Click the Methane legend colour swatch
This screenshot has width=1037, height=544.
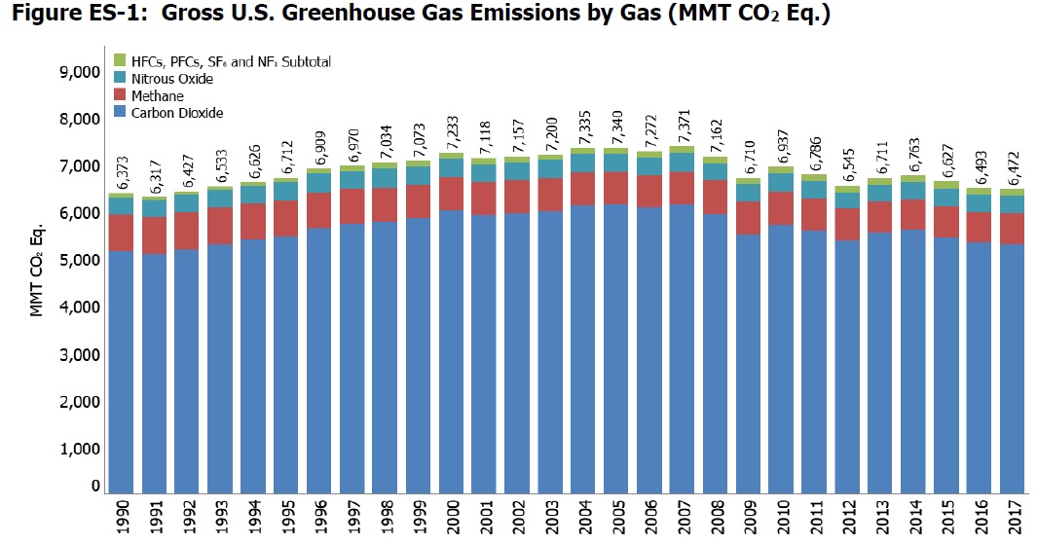pyautogui.click(x=120, y=96)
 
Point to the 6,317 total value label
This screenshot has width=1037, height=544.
pyautogui.click(x=155, y=178)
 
